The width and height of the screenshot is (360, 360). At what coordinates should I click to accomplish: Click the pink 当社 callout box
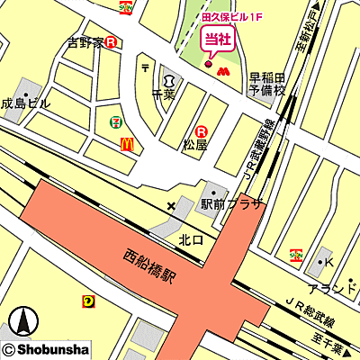pyautogui.click(x=212, y=39)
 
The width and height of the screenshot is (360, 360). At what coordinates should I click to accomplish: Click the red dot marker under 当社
pyautogui.click(x=209, y=64)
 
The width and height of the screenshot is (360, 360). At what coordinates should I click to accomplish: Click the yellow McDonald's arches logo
pyautogui.click(x=127, y=143)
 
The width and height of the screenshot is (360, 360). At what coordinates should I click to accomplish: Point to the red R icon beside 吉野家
pyautogui.click(x=111, y=41)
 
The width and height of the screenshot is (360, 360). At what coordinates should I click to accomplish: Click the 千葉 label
pyautogui.click(x=163, y=93)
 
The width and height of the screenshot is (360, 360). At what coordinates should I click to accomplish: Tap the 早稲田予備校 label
pyautogui.click(x=266, y=84)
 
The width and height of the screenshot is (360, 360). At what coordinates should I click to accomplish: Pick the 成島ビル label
pyautogui.click(x=25, y=103)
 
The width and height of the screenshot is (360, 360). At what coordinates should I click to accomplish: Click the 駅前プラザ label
pyautogui.click(x=231, y=205)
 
